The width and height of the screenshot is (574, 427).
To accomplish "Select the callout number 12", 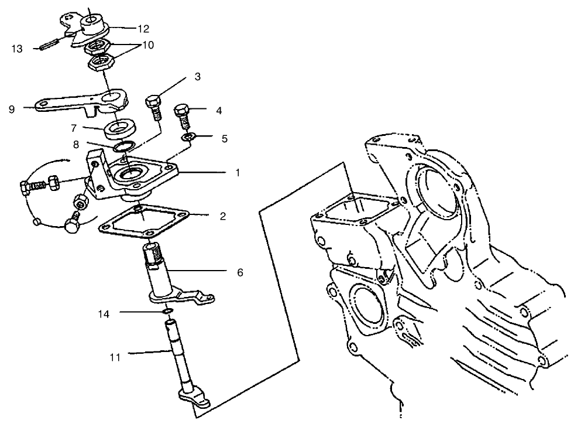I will click(x=143, y=28).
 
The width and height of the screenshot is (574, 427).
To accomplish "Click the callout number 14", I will click(x=104, y=313).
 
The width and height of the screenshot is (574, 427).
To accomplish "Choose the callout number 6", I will click(x=240, y=272).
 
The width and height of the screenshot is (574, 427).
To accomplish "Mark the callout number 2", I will click(x=222, y=216).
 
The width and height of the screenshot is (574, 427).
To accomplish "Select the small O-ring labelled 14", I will click(x=169, y=311).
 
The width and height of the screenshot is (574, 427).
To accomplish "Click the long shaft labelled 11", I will click(x=177, y=357).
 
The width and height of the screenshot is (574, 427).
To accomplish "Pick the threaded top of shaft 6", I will click(x=154, y=255).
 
